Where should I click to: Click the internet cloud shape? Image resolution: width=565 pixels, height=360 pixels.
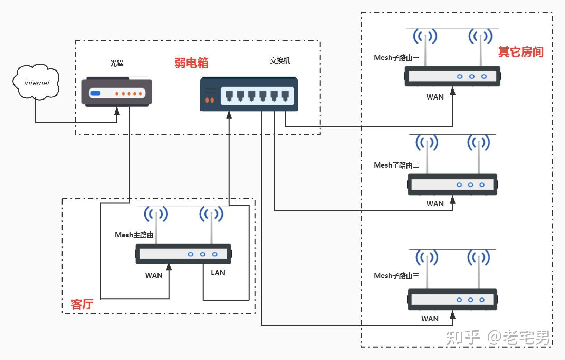click(x=36, y=82)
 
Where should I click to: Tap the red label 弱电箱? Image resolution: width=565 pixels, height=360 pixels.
click(x=191, y=63)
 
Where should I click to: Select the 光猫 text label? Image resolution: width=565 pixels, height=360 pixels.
click(x=117, y=63)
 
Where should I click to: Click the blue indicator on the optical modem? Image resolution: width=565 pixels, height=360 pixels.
click(x=95, y=93)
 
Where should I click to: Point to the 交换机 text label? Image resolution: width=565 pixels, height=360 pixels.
click(x=280, y=60)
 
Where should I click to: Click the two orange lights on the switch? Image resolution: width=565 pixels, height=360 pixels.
click(x=210, y=100)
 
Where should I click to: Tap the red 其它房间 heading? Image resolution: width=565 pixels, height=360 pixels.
click(x=520, y=52)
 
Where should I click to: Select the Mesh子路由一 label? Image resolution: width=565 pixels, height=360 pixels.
click(x=396, y=58)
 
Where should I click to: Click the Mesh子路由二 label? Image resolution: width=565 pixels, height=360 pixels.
click(x=396, y=165)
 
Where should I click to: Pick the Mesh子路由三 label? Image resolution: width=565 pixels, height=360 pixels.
click(x=396, y=276)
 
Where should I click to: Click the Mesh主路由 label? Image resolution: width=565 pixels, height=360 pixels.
click(x=134, y=235)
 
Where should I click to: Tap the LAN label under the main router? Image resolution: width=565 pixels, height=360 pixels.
click(x=218, y=273)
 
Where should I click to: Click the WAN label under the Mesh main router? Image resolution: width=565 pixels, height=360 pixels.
click(x=154, y=276)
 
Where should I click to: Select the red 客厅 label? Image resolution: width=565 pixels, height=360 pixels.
click(x=82, y=304)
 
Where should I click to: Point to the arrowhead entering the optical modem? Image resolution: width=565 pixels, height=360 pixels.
click(x=117, y=111)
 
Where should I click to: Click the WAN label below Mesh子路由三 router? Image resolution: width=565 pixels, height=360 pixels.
click(x=430, y=319)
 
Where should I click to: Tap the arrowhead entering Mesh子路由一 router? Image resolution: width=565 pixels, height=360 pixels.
click(x=452, y=91)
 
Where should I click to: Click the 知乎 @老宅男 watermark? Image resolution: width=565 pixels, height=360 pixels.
click(x=497, y=337)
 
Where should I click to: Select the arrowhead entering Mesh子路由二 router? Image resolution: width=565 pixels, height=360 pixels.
click(x=452, y=200)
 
